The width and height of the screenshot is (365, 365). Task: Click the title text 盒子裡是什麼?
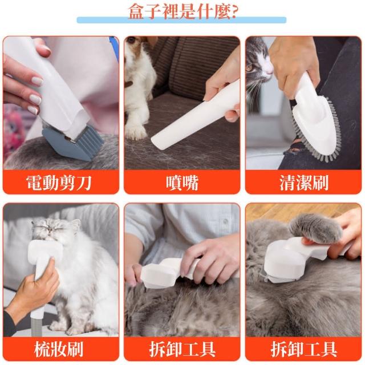pos(182,11)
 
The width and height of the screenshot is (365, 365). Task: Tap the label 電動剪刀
pos(59,182)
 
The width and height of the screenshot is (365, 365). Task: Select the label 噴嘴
pos(182,182)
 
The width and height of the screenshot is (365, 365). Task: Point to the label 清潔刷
pos(303,182)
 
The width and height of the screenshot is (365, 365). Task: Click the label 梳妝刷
pos(59,350)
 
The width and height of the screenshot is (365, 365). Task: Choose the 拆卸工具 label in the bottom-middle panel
pos(182,350)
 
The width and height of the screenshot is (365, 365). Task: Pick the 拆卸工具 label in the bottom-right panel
pos(303,350)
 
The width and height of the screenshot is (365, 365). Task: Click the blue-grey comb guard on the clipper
pos(72,143)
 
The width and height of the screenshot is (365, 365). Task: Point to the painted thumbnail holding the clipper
pos(37,81)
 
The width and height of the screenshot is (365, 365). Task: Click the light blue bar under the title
pos(181,20)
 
